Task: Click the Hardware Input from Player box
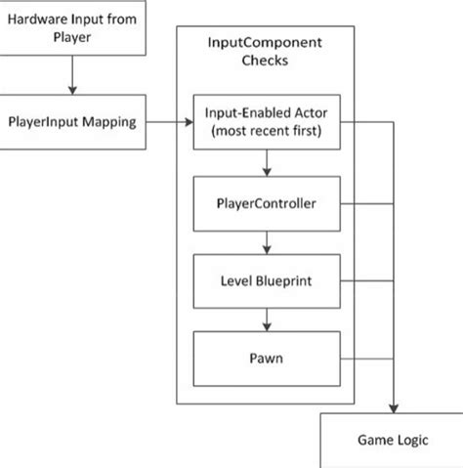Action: [73, 27]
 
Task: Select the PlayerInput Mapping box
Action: [73, 123]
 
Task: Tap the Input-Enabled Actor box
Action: [265, 123]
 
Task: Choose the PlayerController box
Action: [265, 205]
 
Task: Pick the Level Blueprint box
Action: [265, 282]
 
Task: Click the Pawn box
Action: [265, 359]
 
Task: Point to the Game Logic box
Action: [391, 441]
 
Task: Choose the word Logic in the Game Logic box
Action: [413, 441]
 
